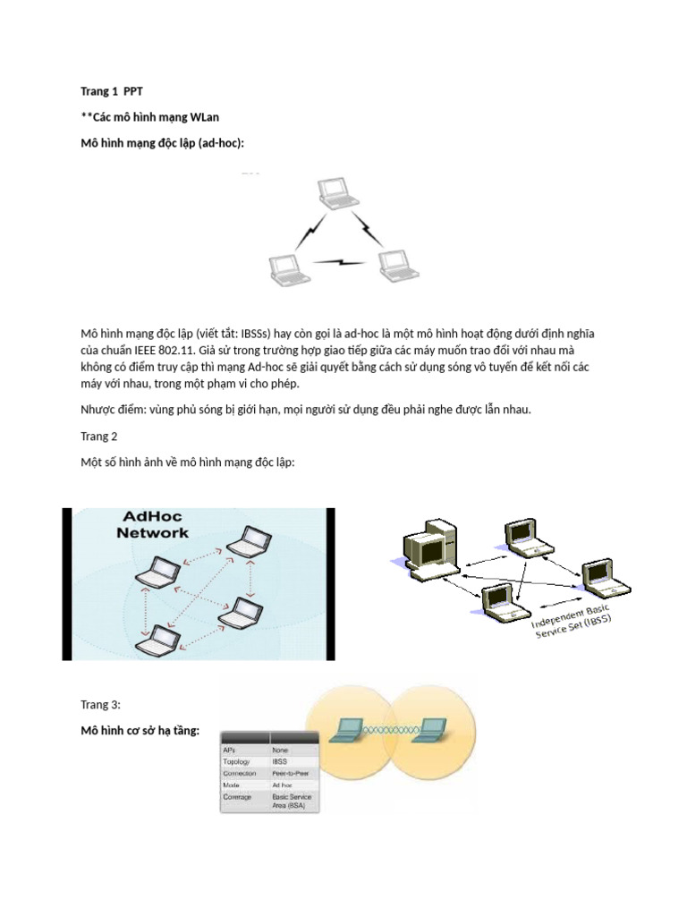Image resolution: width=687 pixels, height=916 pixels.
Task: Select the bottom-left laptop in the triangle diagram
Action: pos(289,270)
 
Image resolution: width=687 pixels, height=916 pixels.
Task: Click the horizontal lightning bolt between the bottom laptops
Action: pos(341,263)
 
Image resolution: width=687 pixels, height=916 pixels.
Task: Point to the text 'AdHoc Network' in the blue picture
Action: pos(153,525)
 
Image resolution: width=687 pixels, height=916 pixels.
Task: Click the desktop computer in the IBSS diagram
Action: pos(428,549)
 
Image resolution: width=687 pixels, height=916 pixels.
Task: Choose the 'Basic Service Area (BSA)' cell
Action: pos(293,801)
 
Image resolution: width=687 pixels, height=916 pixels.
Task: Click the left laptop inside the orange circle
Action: pos(346,731)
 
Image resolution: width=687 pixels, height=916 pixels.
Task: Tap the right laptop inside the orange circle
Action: pos(434,731)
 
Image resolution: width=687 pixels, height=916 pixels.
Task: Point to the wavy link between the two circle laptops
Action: pos(390,733)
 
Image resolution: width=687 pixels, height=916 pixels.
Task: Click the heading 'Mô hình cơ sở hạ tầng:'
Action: pos(140,731)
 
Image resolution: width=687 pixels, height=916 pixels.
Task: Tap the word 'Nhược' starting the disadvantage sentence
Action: pos(100,409)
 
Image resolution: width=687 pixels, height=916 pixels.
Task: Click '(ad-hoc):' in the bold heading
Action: pos(215,143)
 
